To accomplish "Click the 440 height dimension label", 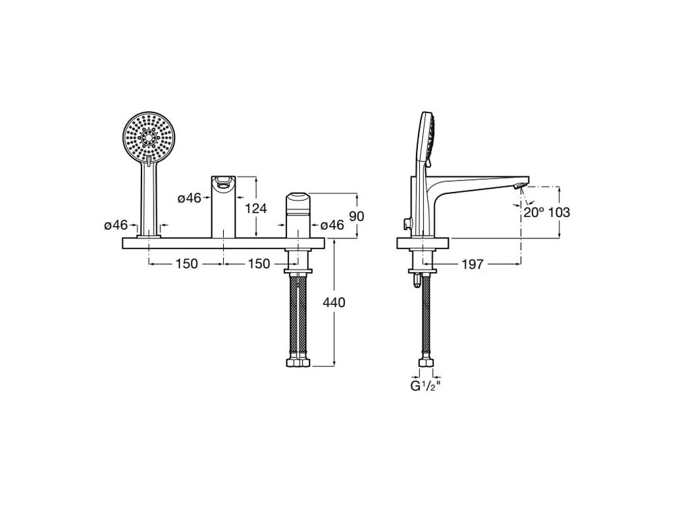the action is coord(334,303).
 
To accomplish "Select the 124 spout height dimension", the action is coord(255,208).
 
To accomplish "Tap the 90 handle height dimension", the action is coord(357,216).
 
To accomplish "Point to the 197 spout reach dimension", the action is coord(472,264).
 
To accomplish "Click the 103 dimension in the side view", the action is coord(559,212).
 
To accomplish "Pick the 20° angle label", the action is coord(533,212).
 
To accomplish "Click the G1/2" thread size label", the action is coord(425,386).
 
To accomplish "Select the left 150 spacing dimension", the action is coord(186,264).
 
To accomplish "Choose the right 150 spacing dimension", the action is coord(259,264).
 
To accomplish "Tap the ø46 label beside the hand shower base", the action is coord(116,225).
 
